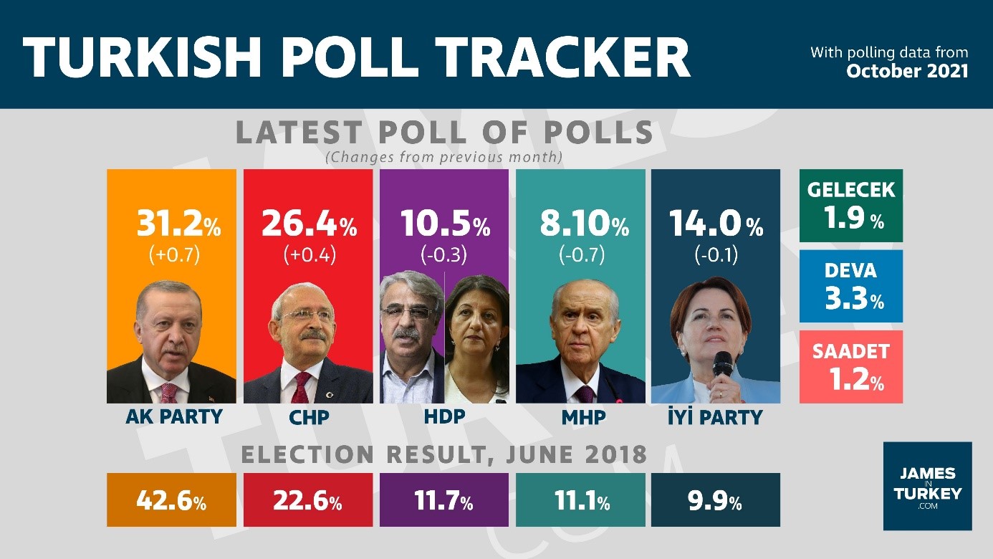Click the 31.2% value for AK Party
[178, 224]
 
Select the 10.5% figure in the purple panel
[444, 224]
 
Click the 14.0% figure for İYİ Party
[716, 224]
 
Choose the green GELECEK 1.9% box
[850, 205]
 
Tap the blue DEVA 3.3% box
[850, 286]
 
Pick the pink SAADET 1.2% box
[850, 366]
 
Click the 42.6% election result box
[171, 500]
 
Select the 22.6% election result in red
[307, 500]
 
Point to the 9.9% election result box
[715, 500]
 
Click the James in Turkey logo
[927, 486]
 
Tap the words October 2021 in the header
[907, 71]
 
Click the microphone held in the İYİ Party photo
[722, 365]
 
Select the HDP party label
[444, 416]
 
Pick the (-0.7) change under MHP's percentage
[580, 254]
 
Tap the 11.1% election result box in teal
[580, 500]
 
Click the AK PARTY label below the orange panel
[174, 416]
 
